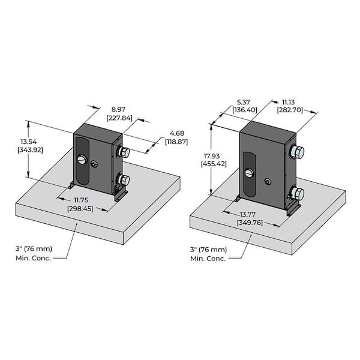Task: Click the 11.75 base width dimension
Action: click(83, 200)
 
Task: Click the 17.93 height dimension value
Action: click(213, 155)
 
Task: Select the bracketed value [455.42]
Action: click(213, 164)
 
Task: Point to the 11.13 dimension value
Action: click(289, 101)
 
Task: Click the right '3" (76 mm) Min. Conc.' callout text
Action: click(208, 253)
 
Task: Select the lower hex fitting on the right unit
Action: click(296, 193)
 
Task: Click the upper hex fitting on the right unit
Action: click(296, 152)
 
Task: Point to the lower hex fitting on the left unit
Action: click(123, 179)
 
